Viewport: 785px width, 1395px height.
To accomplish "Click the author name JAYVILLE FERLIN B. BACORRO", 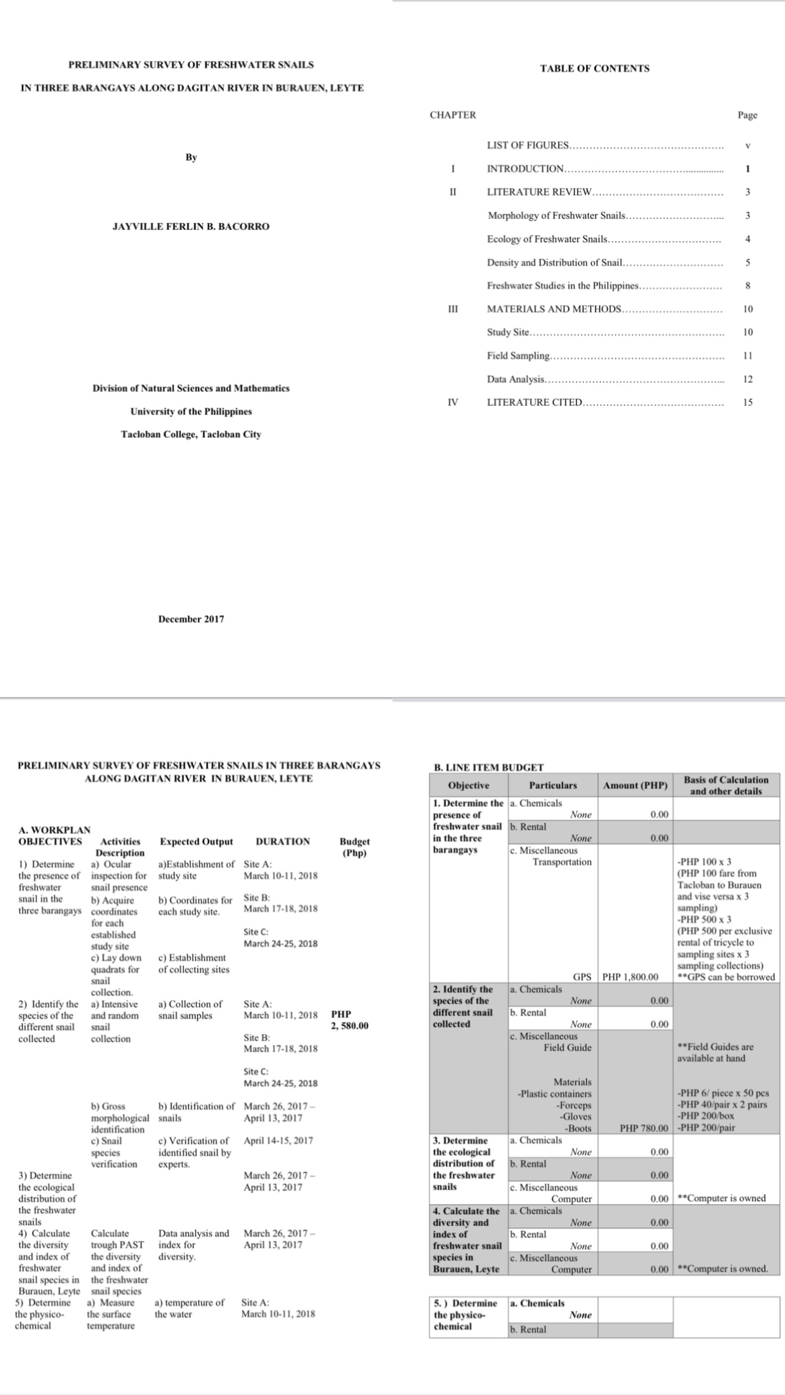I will pos(191,226).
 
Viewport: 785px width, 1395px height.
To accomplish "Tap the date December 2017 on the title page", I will pos(191,619).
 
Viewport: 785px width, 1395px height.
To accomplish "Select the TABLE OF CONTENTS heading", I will pos(594,68).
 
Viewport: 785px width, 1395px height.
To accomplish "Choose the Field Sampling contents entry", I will pos(518,356).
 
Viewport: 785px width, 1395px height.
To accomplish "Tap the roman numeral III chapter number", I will pos(452,309).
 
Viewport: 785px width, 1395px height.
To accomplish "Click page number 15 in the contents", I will pos(748,402).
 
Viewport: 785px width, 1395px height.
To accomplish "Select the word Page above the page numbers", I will pos(747,115).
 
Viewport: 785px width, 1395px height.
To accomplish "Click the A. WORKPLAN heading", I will pos(54,830).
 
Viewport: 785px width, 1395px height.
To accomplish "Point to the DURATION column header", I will pos(282,841).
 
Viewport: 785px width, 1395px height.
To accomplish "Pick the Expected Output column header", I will pos(196,841).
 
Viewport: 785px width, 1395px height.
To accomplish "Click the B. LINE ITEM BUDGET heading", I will pos(488,767).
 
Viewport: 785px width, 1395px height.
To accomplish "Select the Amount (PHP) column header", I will pos(635,785).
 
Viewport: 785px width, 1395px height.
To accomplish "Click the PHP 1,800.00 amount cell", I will pos(630,977).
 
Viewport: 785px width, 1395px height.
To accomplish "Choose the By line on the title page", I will pos(191,157).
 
